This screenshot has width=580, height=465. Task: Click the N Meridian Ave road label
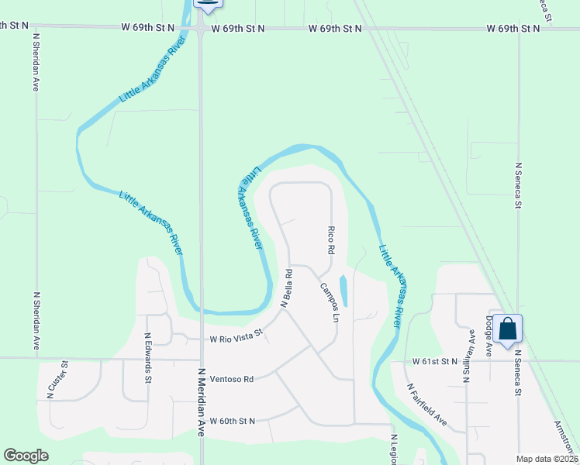[x=202, y=401]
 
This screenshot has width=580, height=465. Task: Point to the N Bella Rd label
[x=285, y=288]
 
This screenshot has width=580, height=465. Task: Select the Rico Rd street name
[x=331, y=241]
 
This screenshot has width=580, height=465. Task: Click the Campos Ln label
[x=330, y=302]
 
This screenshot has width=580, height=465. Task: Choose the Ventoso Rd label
[x=232, y=380]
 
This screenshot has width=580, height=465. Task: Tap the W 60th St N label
[x=233, y=421]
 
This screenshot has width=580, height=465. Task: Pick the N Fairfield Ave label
[x=427, y=404]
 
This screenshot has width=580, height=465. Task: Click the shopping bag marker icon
[x=508, y=329]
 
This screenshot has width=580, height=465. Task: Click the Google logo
[x=26, y=456]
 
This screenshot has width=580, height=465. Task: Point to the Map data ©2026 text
[x=547, y=459]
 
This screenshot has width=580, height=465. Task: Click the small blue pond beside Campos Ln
[x=344, y=291]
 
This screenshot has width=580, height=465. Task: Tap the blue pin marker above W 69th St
[x=207, y=4]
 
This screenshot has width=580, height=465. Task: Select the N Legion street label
[x=394, y=449]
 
